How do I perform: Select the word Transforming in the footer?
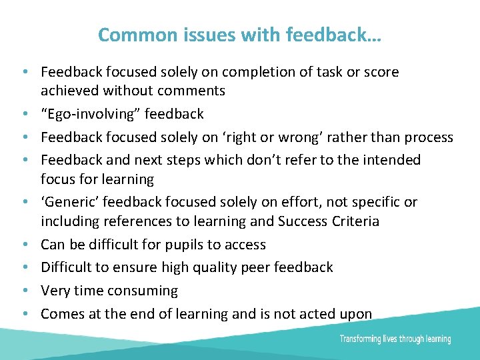[x=361, y=339]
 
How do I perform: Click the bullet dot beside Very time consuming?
[x=24, y=291]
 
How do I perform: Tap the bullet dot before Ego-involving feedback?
[x=24, y=115]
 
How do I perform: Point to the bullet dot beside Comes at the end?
[x=24, y=314]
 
